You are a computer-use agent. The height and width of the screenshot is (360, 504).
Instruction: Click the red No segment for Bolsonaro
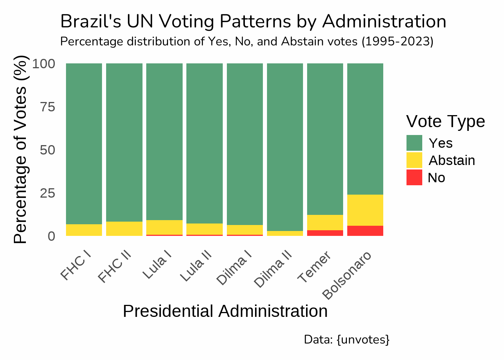click(x=365, y=231)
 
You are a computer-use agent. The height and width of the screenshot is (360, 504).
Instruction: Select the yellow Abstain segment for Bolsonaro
click(x=365, y=210)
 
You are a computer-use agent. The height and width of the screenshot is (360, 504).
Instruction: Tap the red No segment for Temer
click(x=325, y=233)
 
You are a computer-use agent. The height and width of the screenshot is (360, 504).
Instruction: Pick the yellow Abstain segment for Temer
click(x=325, y=222)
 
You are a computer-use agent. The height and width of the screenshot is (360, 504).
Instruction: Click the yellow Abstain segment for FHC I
click(x=84, y=230)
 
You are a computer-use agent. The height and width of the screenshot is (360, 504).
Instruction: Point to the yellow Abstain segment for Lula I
click(x=164, y=227)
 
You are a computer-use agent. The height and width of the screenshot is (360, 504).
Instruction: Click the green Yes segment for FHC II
click(x=124, y=142)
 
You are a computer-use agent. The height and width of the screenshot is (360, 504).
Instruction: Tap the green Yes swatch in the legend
click(x=414, y=143)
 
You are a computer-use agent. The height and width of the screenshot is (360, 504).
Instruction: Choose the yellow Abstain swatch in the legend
click(x=414, y=160)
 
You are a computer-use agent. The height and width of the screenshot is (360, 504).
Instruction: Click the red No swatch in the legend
click(x=414, y=177)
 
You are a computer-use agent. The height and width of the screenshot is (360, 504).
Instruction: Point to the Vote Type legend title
click(x=445, y=121)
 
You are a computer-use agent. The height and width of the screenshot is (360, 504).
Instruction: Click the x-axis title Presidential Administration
click(x=225, y=311)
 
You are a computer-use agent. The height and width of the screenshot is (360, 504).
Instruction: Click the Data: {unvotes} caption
click(x=346, y=339)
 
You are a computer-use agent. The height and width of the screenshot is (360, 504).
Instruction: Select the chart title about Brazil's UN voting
click(x=253, y=21)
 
